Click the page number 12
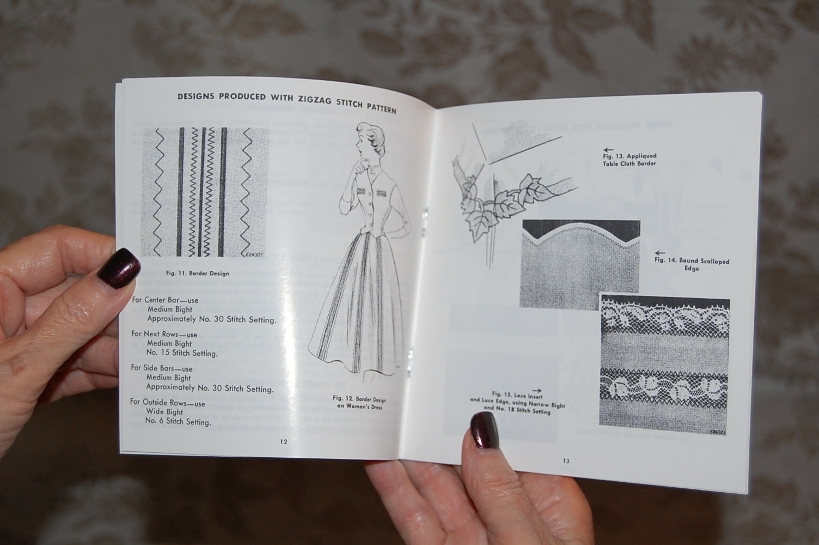click(x=283, y=441)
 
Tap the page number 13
click(x=566, y=461)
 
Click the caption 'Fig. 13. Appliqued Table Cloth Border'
click(x=629, y=160)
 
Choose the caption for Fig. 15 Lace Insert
click(x=517, y=402)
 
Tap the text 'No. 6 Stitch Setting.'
click(x=178, y=422)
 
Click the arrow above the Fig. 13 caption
click(x=608, y=149)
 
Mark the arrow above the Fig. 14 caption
click(x=659, y=253)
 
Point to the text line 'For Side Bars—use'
click(x=162, y=368)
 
